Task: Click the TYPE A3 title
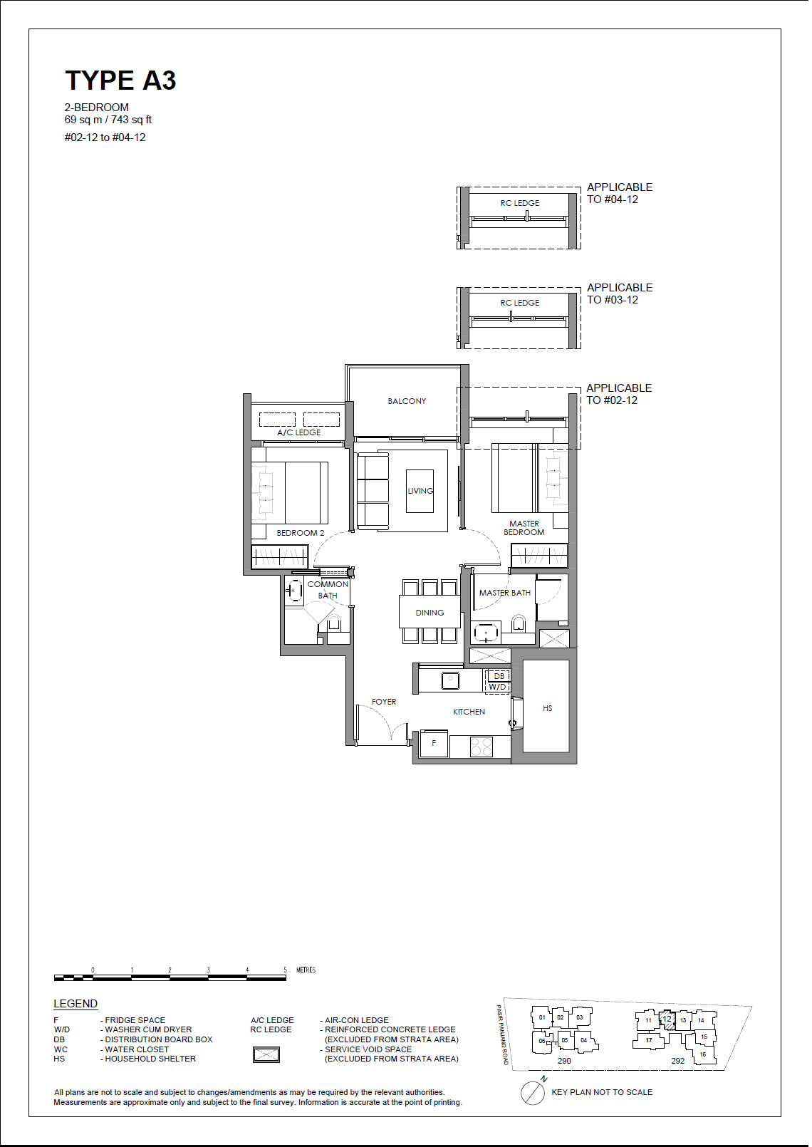pos(121,81)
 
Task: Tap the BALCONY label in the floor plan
pos(407,402)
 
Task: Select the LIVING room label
pos(420,491)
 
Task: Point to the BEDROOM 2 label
pos(301,533)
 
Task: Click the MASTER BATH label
pos(505,593)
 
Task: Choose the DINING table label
pos(430,613)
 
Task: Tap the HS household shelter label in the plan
pos(547,708)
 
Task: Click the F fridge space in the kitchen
pos(434,744)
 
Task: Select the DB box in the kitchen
pos(499,676)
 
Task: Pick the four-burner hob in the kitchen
pos(482,747)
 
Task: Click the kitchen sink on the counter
pos(451,680)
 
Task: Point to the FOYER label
pos(384,702)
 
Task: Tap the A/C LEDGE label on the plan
pos(299,432)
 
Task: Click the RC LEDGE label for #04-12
pos(520,203)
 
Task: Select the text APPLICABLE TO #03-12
pos(620,294)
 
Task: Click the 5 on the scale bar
pos(285,970)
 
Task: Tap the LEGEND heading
pos(76,1004)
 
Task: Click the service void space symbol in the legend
pos(266,1055)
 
